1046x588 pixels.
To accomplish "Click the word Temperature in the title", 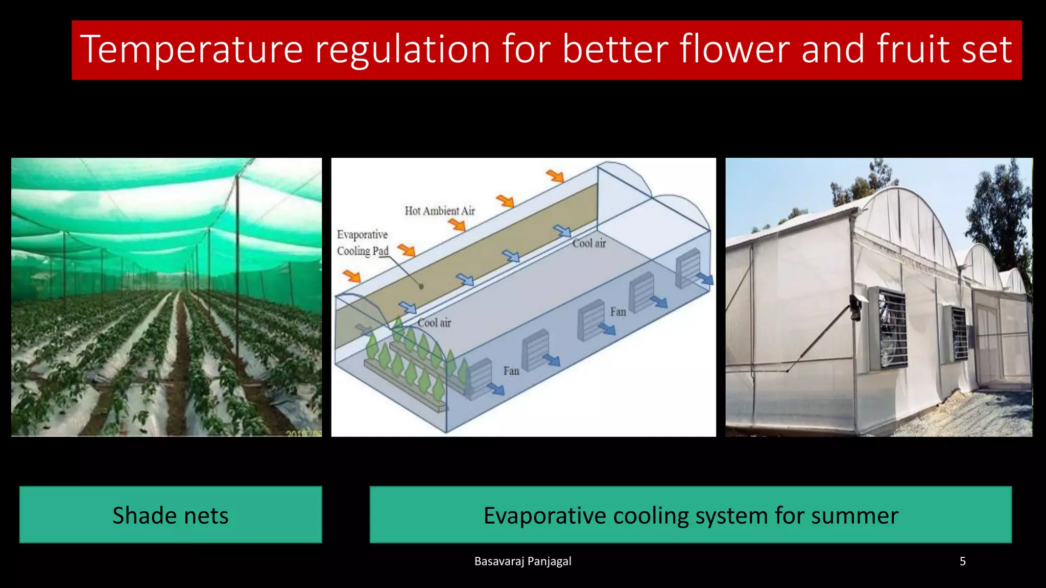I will [x=192, y=50].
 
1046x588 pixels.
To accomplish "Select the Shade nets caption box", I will [x=171, y=514].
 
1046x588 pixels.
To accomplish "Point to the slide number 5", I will [x=962, y=561].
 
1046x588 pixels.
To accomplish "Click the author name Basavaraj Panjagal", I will [x=522, y=561].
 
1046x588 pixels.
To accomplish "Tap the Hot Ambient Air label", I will [x=439, y=211].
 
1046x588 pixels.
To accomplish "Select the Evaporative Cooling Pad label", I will [x=362, y=242].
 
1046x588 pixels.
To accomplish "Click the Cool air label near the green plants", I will [x=434, y=323].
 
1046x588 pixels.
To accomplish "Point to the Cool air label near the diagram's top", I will [x=589, y=243].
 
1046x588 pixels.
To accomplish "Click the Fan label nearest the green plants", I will [x=511, y=371].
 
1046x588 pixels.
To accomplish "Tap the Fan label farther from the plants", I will [x=618, y=312].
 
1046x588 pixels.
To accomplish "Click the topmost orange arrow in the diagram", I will [x=555, y=176].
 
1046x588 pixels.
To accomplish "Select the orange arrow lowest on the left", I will [x=352, y=277].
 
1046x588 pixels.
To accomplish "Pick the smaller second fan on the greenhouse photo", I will [x=959, y=334].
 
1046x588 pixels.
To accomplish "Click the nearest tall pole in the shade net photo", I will [x=237, y=265].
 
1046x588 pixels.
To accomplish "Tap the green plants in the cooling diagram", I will [x=409, y=357].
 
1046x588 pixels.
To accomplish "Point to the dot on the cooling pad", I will [x=421, y=286].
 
